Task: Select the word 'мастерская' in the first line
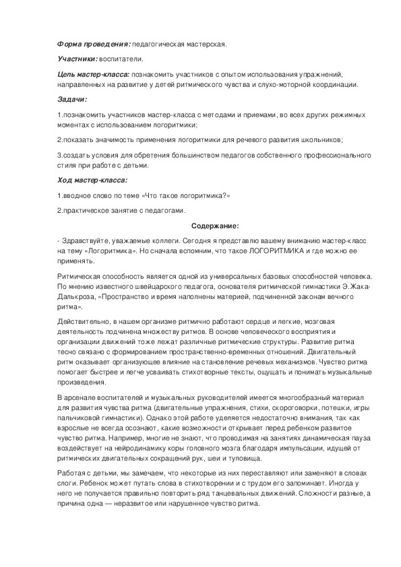pos(202,44)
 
